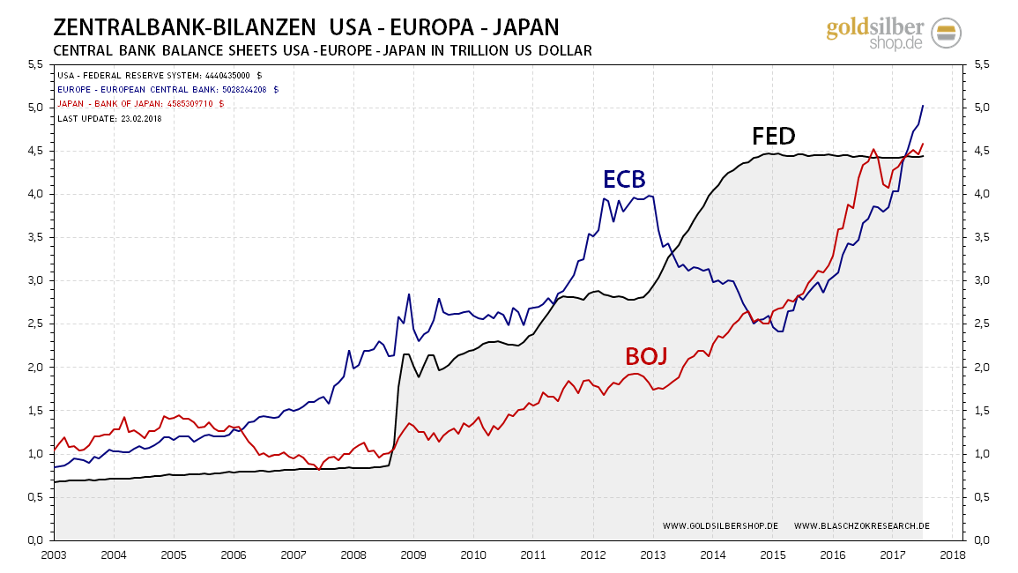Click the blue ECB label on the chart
click(624, 180)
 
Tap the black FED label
click(773, 136)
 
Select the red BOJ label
click(646, 356)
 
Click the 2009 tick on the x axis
click(413, 556)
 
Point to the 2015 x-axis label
click(773, 556)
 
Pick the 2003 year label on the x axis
click(54, 556)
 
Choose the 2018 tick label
click(952, 556)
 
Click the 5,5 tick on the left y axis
click(35, 64)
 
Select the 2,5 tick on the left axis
click(35, 324)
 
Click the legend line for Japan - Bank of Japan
click(141, 103)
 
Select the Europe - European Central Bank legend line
click(168, 89)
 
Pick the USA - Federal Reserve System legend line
click(160, 75)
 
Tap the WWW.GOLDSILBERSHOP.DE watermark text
click(720, 526)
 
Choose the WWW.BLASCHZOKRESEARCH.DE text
click(861, 526)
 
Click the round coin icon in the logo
click(946, 33)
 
